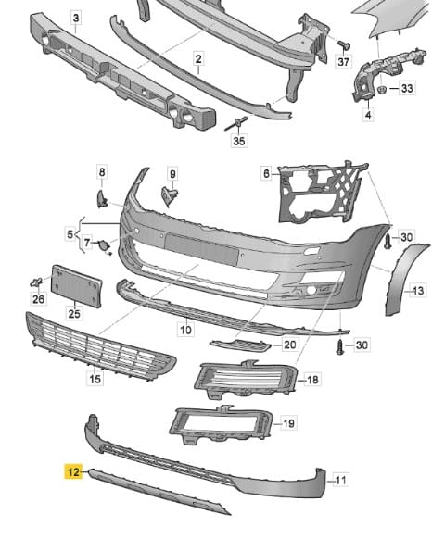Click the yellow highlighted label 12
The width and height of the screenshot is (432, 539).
[73, 472]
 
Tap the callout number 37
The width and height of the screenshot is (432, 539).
[344, 61]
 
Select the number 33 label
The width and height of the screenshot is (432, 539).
[407, 88]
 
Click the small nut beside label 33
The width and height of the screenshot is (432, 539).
[381, 90]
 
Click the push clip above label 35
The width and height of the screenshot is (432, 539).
[236, 123]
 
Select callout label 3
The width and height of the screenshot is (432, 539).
[76, 18]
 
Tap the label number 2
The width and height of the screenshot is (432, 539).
[198, 58]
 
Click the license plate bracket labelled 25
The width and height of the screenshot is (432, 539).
[76, 286]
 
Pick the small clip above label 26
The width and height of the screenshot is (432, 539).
[36, 282]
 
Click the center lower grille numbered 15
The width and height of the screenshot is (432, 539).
[100, 346]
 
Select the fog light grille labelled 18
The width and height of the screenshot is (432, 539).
[246, 379]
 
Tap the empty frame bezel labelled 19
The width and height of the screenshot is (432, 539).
[221, 425]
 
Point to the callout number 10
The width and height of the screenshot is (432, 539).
[186, 330]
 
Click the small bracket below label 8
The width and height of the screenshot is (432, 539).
[102, 199]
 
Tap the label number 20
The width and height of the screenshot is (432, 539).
[290, 345]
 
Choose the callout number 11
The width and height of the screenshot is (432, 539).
[340, 480]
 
